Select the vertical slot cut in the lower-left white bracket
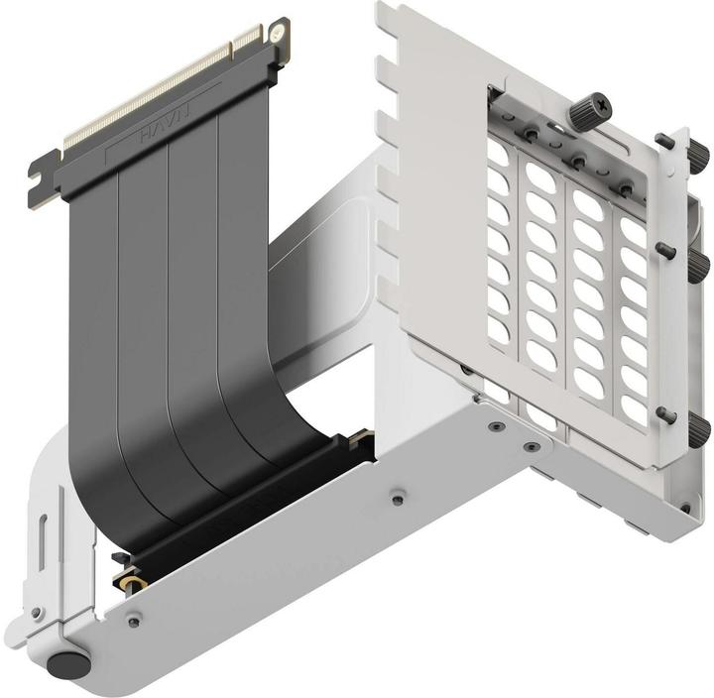(x=45, y=541)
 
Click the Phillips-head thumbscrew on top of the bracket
(x=580, y=102)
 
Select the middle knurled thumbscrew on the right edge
(x=700, y=260)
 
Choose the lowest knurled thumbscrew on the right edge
(x=700, y=428)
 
